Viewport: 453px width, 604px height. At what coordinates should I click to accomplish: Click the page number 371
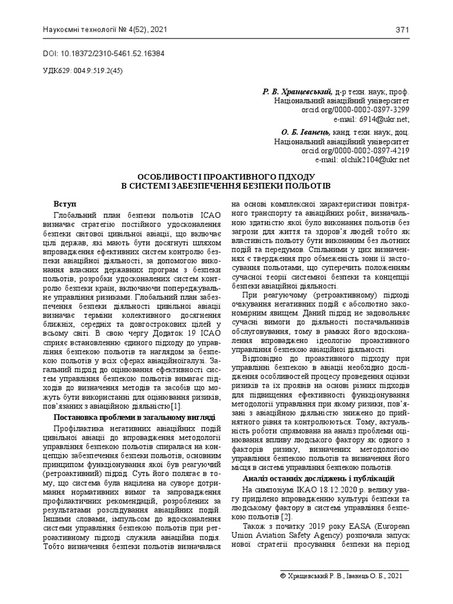pos(403,30)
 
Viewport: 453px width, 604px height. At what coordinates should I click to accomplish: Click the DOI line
pos(104,53)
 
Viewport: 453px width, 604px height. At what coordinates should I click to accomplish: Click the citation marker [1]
pos(176,406)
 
